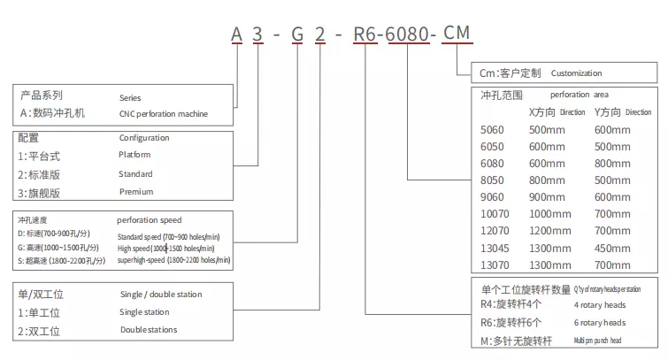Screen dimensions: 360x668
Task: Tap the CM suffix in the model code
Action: click(x=457, y=34)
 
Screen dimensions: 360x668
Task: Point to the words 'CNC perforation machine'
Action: click(x=164, y=113)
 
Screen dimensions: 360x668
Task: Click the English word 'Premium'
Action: click(x=136, y=191)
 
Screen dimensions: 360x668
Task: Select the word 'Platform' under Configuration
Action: click(x=135, y=155)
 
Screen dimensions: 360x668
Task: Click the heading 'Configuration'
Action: click(x=144, y=137)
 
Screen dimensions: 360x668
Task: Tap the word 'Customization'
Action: click(x=576, y=73)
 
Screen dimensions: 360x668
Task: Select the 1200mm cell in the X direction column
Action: click(x=550, y=230)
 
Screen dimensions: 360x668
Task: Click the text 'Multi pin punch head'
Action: click(x=610, y=340)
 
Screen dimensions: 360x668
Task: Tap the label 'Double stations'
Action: click(x=149, y=330)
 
